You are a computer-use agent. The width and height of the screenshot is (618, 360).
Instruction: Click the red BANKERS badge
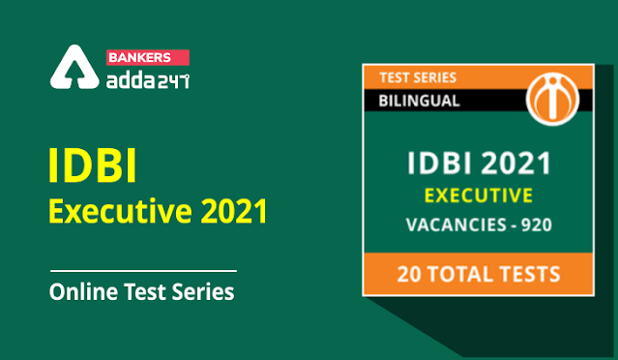coord(148,57)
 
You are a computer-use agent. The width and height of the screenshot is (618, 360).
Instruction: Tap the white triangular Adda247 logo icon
coord(74,67)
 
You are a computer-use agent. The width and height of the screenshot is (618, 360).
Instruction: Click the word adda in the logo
coord(132,80)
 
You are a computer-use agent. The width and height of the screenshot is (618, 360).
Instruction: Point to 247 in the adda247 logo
coord(173,81)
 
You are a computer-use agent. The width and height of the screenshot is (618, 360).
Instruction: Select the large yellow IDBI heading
coord(93,166)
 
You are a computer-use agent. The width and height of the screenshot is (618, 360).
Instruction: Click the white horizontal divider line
coord(143,271)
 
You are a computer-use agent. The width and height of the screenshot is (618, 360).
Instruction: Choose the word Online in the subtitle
coord(83,292)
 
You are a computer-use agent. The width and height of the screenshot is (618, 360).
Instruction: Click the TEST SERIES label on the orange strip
coord(418,77)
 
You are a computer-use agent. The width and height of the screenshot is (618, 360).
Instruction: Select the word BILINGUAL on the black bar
coord(419,101)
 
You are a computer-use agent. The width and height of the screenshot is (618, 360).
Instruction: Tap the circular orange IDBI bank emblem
coord(552,98)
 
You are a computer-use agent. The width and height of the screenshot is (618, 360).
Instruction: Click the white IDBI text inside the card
coord(437,164)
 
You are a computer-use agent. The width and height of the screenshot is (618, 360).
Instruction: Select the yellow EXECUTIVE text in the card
coord(479,196)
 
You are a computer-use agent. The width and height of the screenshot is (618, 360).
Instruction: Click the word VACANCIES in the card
coord(456,225)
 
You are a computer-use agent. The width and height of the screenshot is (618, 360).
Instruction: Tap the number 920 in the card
coord(537,225)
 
